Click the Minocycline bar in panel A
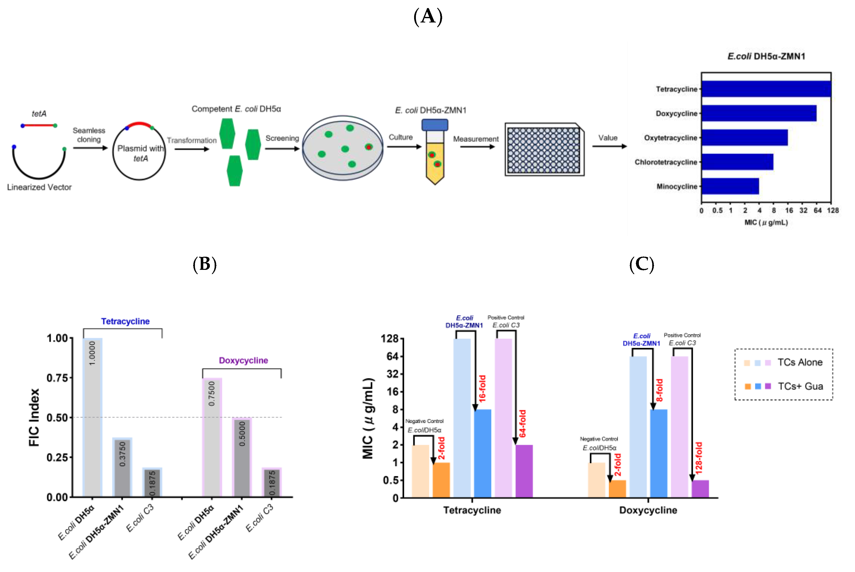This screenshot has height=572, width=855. tap(730, 186)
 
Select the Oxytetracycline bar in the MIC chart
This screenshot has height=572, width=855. tap(744, 138)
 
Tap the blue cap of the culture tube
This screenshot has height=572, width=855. tap(435, 125)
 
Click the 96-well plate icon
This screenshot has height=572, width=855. tap(544, 150)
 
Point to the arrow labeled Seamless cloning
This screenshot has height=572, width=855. tap(90, 148)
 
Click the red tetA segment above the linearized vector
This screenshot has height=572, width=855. tap(39, 125)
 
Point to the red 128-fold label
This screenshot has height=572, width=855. tap(699, 458)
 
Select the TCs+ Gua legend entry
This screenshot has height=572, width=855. tap(800, 386)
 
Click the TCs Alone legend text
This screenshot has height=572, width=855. tap(800, 362)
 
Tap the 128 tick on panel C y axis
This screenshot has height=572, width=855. tap(390, 339)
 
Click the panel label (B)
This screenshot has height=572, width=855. tap(204, 264)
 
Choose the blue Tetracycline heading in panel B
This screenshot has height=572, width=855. tap(125, 321)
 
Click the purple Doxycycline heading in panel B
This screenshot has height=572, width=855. tap(243, 360)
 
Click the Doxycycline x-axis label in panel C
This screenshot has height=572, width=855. tap(648, 510)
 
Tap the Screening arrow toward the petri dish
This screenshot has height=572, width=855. tap(282, 148)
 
